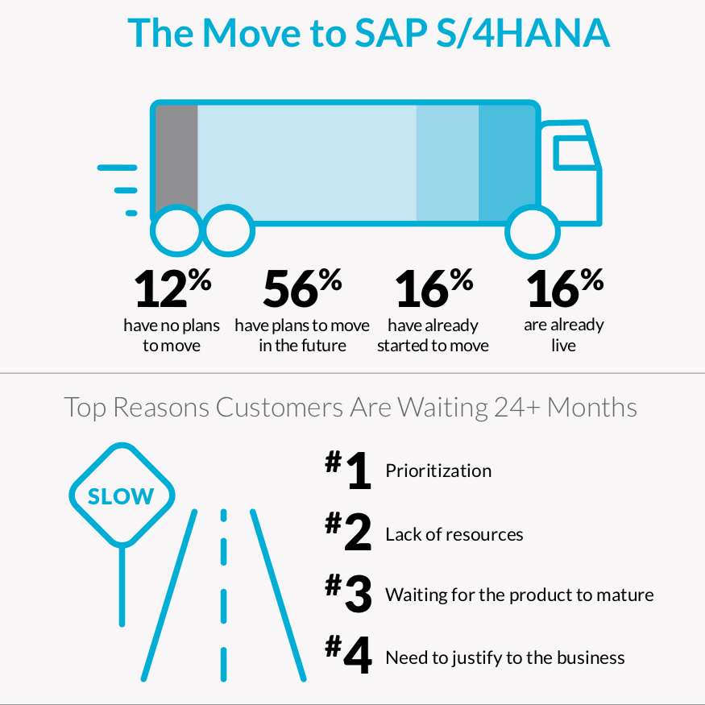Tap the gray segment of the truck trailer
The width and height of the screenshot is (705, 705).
(176, 157)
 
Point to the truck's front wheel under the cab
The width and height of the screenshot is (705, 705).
(532, 233)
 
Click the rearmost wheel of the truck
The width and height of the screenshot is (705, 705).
(176, 233)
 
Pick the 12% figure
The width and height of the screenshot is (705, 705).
(172, 288)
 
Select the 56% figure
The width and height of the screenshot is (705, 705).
(302, 288)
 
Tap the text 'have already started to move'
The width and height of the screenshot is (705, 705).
(433, 335)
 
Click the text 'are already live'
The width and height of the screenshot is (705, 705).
(564, 335)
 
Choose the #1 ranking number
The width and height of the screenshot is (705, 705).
(348, 471)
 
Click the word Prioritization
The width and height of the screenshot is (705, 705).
(438, 471)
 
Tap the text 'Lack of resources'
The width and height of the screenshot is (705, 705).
(454, 534)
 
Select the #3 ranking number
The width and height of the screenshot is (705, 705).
(348, 595)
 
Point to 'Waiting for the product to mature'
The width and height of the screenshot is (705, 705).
(519, 595)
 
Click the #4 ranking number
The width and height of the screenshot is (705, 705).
(348, 657)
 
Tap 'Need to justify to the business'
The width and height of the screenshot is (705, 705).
(504, 657)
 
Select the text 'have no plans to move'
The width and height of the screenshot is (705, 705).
(172, 335)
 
